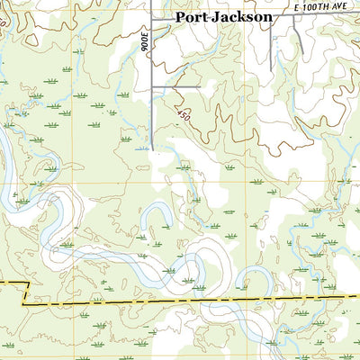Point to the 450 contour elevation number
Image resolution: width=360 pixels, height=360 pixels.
click(184, 116)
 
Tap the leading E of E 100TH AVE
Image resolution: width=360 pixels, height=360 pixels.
click(298, 7)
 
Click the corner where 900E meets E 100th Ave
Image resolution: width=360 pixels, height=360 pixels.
click(152, 17)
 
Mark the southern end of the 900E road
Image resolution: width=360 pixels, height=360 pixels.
click(152, 149)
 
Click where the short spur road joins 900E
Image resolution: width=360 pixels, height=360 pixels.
click(152, 86)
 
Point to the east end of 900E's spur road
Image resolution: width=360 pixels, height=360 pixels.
click(200, 86)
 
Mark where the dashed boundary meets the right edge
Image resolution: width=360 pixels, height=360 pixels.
click(358, 296)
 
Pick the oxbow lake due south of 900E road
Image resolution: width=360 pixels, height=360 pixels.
click(158, 216)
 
